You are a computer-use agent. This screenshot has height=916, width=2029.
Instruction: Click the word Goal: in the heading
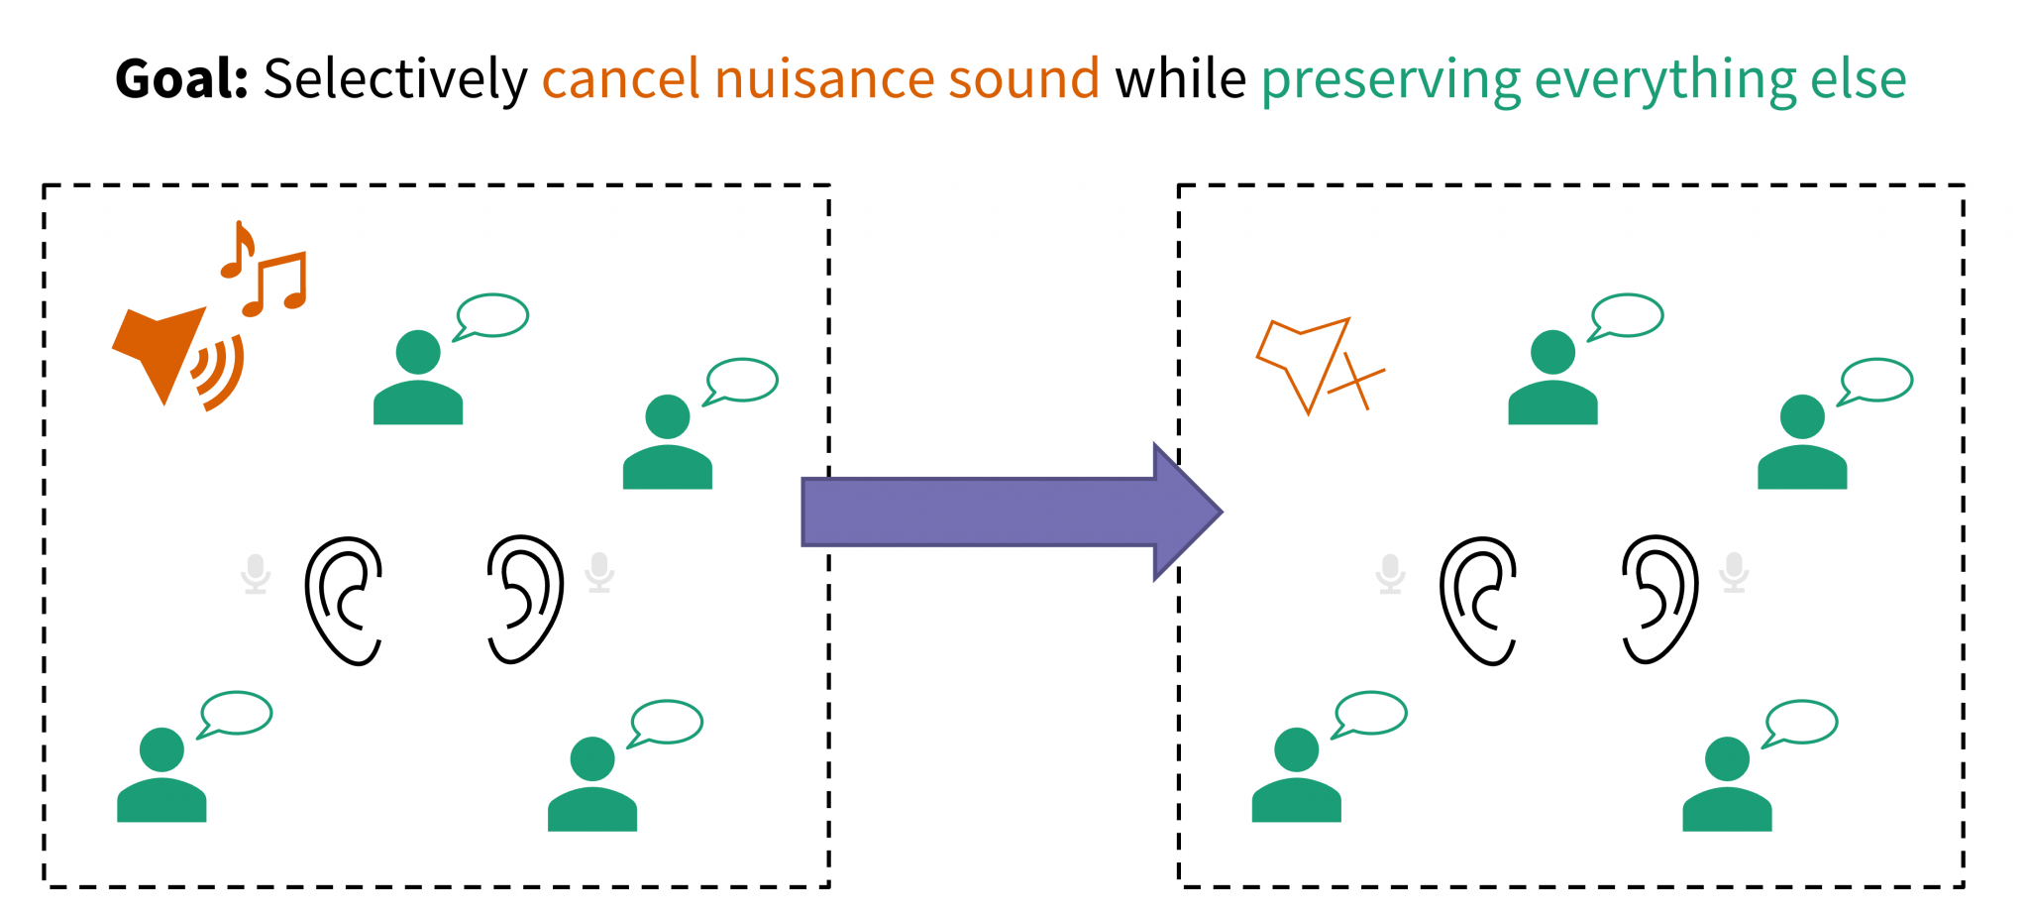(181, 79)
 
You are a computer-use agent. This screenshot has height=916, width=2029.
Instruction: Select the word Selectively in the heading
(394, 79)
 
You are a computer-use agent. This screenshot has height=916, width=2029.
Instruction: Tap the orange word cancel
(620, 79)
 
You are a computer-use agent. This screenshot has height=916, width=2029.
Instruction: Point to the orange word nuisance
(823, 79)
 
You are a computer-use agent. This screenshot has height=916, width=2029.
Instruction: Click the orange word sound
(1023, 79)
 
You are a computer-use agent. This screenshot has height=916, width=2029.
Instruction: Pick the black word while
(1180, 79)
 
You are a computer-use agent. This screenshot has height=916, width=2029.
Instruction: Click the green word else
(1858, 79)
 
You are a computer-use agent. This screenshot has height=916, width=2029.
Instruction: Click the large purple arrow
(991, 512)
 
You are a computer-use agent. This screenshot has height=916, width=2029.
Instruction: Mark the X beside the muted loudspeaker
(1356, 381)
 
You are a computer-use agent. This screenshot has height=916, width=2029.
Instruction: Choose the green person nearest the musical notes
(418, 381)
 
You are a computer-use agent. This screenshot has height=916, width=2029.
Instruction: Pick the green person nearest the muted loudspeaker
(1552, 381)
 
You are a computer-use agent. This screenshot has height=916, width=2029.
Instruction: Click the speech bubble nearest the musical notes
(492, 315)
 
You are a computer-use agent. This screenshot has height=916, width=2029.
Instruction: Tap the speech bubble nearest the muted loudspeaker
(1627, 315)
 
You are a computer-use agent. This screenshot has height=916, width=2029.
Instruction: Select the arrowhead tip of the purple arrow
(1219, 512)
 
